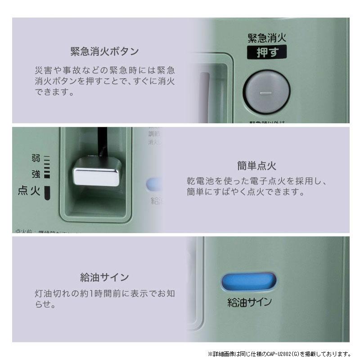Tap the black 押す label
[x=267, y=52]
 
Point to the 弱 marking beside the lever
[x=36, y=158]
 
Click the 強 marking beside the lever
[x=36, y=173]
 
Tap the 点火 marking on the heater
[x=29, y=191]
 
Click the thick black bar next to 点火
[x=47, y=192]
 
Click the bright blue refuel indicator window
[x=248, y=282]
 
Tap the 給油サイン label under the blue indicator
[x=249, y=302]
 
